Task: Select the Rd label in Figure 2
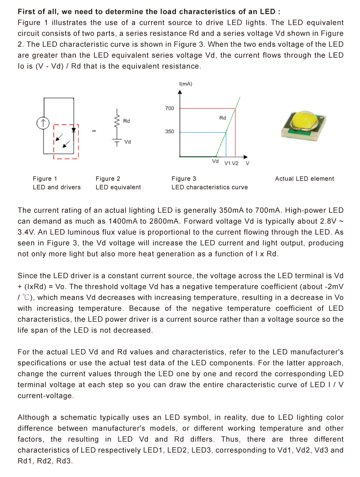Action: (x=126, y=121)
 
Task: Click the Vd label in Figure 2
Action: (x=127, y=142)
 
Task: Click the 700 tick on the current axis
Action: (x=169, y=108)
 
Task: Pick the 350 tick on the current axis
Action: (x=169, y=132)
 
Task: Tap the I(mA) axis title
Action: (x=185, y=84)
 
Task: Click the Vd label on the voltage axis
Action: (x=215, y=161)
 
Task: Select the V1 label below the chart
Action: (x=228, y=163)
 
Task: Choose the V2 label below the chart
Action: (x=235, y=163)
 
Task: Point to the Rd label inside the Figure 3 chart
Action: (x=223, y=118)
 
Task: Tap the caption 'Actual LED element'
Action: (x=304, y=179)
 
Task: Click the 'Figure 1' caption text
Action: (x=45, y=179)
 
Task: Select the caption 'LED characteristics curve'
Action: (x=209, y=187)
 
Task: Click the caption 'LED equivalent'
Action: (x=118, y=187)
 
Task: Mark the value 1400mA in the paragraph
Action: (x=122, y=221)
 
